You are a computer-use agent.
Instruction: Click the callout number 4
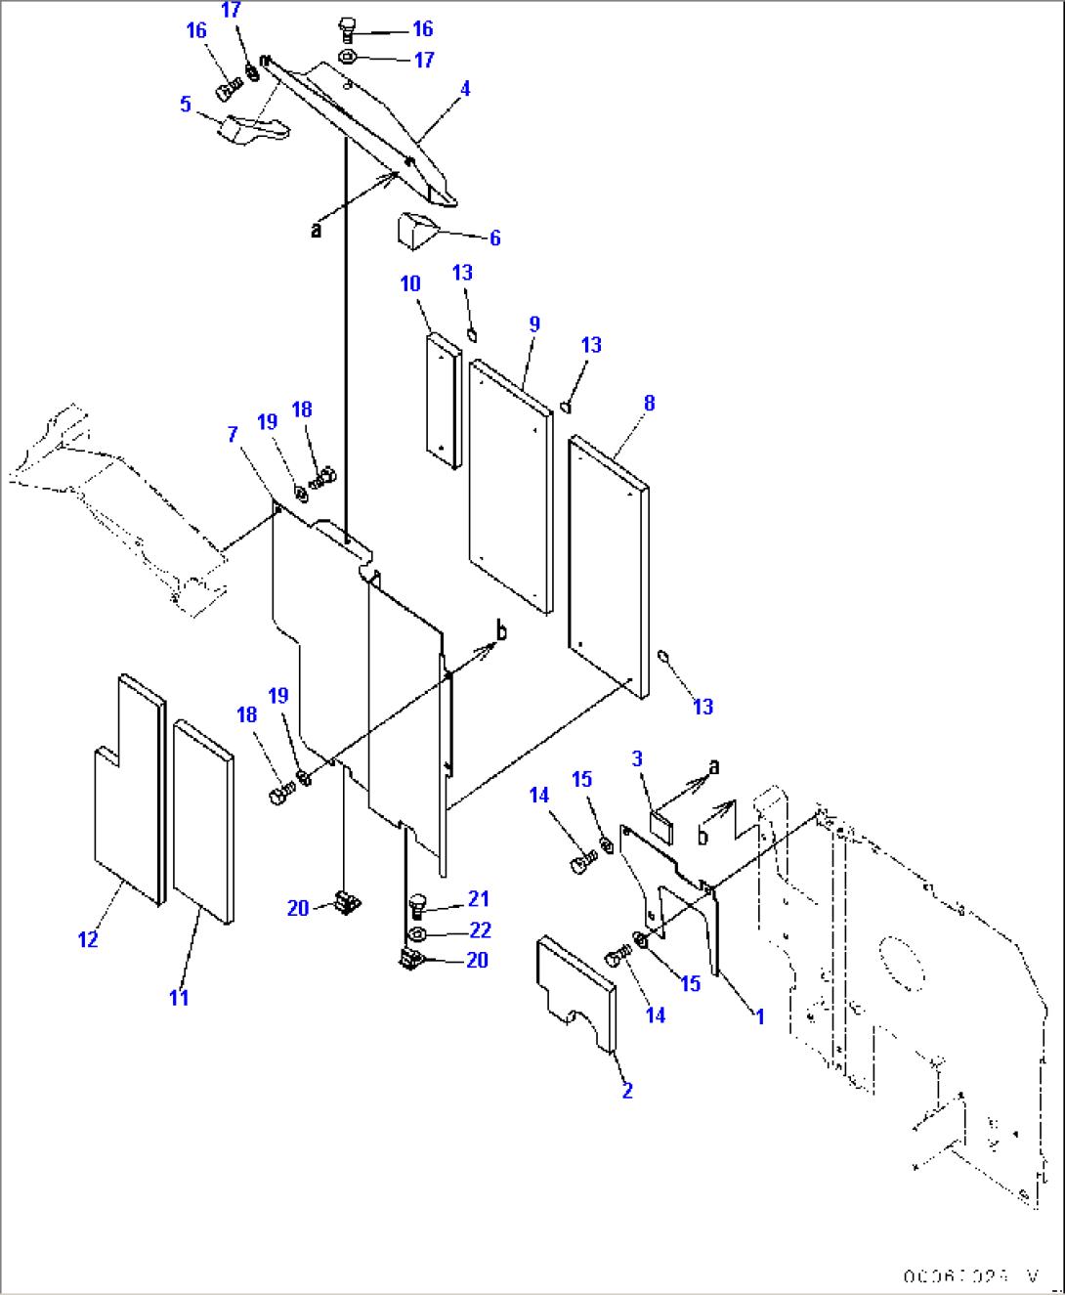pos(465,89)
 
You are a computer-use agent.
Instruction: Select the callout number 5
pos(186,104)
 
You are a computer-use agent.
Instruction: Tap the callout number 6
pos(495,238)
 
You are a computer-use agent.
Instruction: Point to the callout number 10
pos(410,283)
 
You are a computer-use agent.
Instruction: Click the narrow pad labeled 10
pos(444,401)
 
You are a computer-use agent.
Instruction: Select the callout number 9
pos(534,324)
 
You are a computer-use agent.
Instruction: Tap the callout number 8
pos(650,403)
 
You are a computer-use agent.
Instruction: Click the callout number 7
pos(233,434)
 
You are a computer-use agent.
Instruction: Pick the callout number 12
pos(88,939)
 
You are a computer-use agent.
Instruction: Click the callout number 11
pos(179,997)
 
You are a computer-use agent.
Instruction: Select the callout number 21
pos(479,898)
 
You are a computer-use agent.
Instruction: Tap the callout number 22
pos(480,930)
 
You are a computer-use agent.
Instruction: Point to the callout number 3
pos(637,758)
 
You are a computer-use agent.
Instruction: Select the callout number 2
pos(627,1090)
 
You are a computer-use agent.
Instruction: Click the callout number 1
pos(759,1016)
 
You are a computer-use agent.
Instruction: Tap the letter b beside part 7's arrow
pos(501,631)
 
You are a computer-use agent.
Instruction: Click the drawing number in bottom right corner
pos(971,1276)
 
